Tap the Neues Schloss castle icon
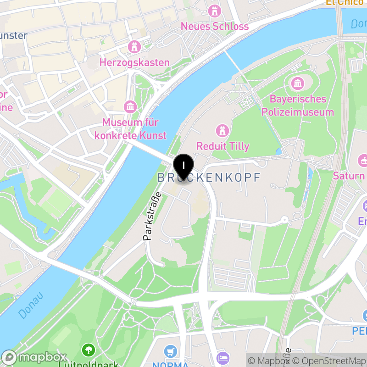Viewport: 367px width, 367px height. point(214,10)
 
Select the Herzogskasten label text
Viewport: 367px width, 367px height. point(135,62)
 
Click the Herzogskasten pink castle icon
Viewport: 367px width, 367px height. point(134,46)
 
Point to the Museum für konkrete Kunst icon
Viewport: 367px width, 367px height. point(130,107)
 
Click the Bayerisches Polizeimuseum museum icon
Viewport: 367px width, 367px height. point(298,83)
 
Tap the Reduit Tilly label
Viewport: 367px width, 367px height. point(223,146)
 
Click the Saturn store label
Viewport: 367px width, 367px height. point(349,176)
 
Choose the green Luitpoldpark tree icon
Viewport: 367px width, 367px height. point(88,351)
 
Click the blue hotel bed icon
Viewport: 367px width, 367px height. point(222,358)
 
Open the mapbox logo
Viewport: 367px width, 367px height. point(35,357)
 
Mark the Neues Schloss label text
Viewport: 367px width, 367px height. point(215,26)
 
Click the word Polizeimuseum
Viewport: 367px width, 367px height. point(298,112)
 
